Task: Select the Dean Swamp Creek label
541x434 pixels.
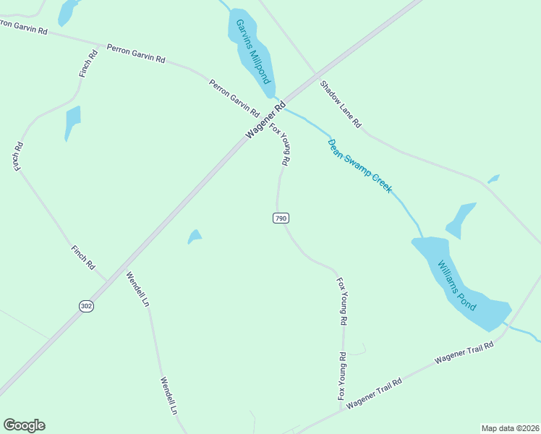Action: tap(359, 166)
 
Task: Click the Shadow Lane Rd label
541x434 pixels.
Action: tap(341, 104)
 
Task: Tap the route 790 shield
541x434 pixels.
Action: tap(281, 218)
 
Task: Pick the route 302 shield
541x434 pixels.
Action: tap(87, 306)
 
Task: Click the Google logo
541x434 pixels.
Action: tap(24, 425)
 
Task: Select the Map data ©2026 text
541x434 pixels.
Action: tap(509, 428)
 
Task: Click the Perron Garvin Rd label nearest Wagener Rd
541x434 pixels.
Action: tap(234, 98)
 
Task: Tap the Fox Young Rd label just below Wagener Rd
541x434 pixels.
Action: tap(280, 145)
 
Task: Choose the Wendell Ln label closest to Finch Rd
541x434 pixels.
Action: tap(137, 289)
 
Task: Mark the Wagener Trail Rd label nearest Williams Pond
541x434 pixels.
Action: tap(464, 352)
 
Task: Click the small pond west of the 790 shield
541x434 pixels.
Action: tap(195, 237)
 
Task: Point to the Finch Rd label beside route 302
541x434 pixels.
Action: tap(83, 258)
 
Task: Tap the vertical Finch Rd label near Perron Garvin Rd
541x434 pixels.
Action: tap(90, 64)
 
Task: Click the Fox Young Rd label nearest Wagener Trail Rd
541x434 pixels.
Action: tap(342, 376)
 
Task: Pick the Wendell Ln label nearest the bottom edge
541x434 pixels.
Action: tap(169, 395)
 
